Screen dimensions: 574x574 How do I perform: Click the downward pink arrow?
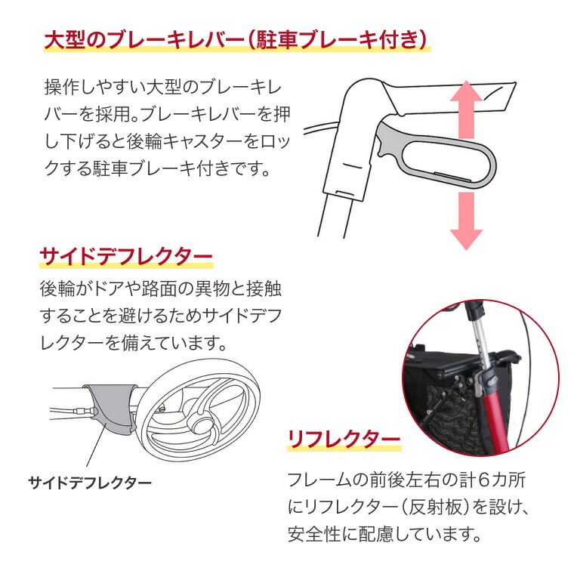click(x=466, y=219)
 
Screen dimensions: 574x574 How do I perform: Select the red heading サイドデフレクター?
click(x=125, y=258)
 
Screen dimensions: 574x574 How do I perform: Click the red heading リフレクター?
click(x=343, y=439)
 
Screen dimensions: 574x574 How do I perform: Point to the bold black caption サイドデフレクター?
click(x=90, y=482)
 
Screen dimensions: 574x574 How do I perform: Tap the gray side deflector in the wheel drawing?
click(x=110, y=407)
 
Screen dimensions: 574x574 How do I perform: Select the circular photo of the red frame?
click(x=480, y=378)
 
